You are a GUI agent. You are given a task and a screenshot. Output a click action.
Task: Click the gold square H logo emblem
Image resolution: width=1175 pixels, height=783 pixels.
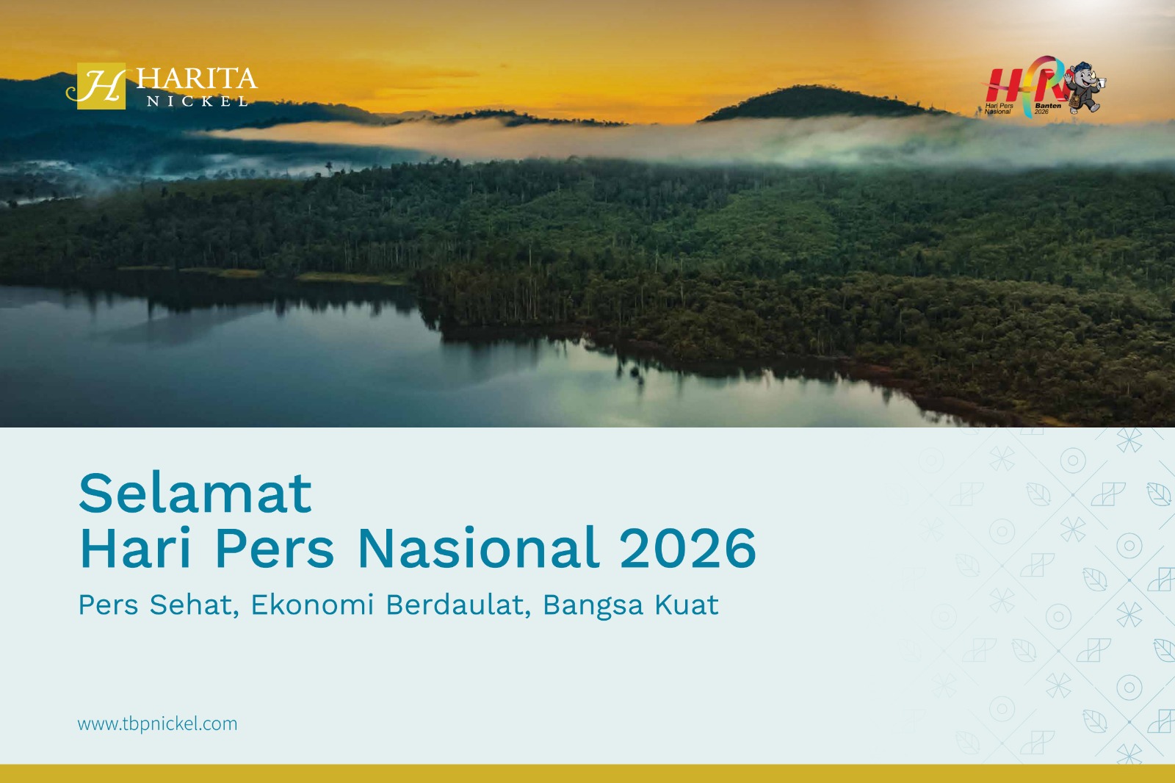(101, 86)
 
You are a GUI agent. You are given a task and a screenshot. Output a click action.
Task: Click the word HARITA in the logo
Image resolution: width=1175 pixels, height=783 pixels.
(197, 79)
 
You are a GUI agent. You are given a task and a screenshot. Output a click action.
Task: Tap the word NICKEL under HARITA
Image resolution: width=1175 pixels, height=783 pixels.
(198, 101)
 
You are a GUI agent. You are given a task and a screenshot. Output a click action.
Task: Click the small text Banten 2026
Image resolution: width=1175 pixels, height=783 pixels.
(1047, 108)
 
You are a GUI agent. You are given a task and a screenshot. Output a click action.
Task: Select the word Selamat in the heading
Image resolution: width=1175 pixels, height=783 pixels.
(195, 494)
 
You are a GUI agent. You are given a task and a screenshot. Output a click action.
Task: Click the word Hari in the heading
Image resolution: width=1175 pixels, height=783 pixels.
(135, 548)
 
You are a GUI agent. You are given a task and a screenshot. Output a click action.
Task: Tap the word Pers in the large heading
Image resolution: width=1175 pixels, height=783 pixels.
(275, 548)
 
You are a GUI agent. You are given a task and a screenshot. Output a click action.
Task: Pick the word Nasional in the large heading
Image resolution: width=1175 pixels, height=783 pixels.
(478, 548)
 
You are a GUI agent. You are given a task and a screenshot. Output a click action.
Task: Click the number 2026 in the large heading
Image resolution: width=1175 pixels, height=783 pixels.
(687, 549)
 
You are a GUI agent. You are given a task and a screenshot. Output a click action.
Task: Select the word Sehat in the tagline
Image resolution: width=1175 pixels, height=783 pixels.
(194, 605)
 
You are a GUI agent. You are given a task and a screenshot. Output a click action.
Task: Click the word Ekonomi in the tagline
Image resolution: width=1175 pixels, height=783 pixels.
(312, 605)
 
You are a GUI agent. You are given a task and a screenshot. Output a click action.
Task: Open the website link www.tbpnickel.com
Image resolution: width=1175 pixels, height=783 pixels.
(157, 724)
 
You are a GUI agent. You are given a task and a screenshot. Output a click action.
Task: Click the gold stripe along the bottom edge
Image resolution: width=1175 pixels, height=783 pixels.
(587, 773)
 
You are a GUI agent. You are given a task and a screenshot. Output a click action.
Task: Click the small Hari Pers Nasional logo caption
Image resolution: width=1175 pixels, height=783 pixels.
(999, 109)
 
